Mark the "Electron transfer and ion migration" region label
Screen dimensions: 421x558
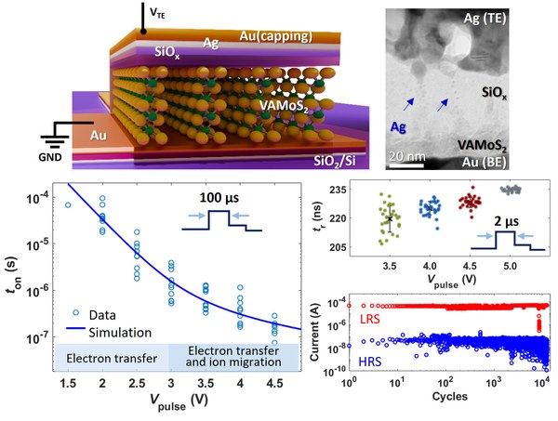[x=234, y=357]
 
